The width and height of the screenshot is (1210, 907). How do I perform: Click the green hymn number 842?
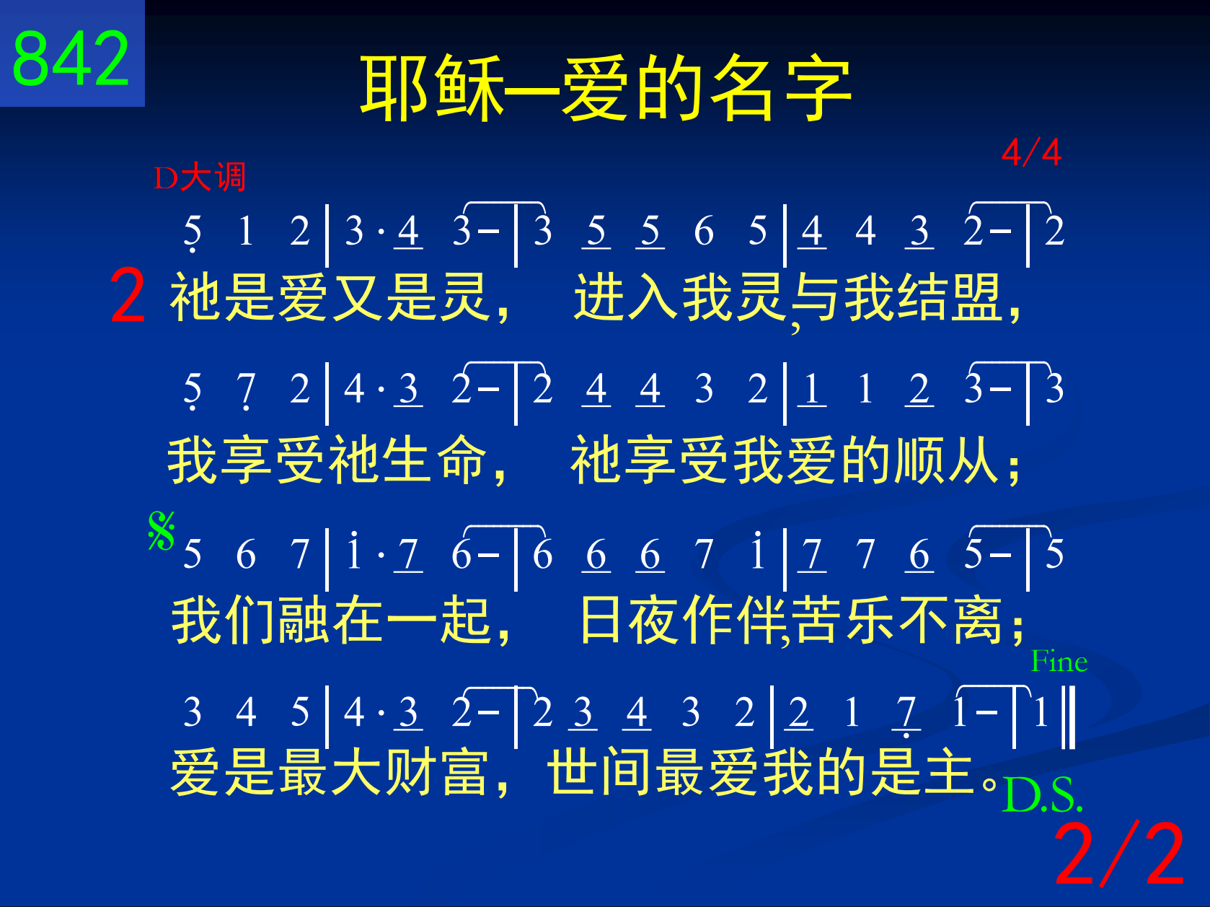tap(71, 58)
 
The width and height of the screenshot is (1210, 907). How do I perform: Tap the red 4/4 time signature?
tap(1031, 152)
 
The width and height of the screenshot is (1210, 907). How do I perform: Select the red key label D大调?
tap(199, 177)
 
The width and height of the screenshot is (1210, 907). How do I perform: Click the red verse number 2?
tap(128, 295)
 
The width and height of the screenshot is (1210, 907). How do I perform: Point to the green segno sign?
tap(162, 530)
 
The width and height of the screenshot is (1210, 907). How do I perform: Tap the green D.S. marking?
tap(1043, 794)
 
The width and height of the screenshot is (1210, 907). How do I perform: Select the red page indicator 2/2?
tap(1119, 854)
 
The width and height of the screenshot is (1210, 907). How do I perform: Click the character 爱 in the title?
tap(596, 88)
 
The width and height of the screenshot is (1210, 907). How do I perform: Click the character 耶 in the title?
tap(394, 88)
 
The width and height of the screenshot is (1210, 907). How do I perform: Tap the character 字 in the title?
tap(818, 88)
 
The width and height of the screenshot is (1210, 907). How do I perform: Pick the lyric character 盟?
tap(977, 298)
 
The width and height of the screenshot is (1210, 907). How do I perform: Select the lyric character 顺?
tap(921, 460)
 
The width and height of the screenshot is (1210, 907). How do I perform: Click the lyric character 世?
tap(571, 772)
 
